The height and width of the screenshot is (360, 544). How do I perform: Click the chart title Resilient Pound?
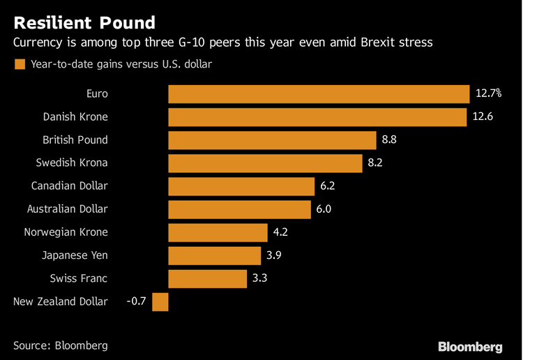point(84,23)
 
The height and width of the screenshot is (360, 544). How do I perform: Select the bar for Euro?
point(319,93)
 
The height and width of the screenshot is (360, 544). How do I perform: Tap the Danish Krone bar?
point(317,117)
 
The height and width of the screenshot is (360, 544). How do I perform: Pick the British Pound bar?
point(272,140)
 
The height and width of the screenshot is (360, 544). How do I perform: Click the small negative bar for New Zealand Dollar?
point(160,301)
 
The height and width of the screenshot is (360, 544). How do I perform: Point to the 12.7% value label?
point(488,93)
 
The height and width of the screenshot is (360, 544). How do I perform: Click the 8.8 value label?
point(389,140)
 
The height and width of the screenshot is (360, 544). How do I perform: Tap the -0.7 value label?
point(137,301)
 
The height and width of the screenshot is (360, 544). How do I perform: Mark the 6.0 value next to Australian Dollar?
point(324,209)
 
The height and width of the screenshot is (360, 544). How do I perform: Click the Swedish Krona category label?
point(72,163)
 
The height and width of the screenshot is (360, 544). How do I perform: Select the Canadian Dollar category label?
point(70,186)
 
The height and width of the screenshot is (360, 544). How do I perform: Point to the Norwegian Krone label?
point(66,232)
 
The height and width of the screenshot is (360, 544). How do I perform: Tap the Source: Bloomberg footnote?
point(61,345)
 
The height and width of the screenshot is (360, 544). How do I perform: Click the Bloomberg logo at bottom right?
point(469,346)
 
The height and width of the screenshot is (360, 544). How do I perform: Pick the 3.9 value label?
point(274,255)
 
